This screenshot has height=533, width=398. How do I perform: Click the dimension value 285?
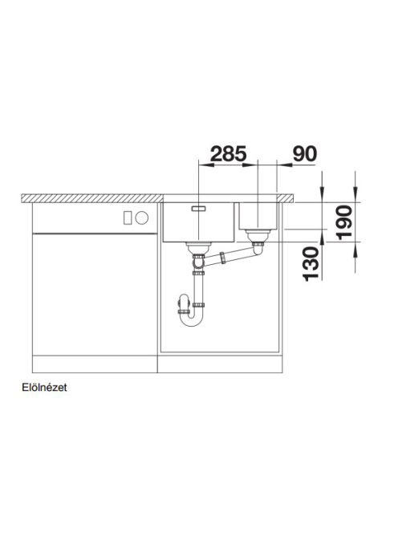pos(229,153)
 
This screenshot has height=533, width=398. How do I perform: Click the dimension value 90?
pos(305,153)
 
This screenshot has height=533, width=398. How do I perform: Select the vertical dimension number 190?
pos(344,222)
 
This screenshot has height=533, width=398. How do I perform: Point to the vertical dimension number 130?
pos(311,264)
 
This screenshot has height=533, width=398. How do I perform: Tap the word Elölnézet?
pos(44,388)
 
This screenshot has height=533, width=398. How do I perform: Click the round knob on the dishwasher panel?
pos(141,218)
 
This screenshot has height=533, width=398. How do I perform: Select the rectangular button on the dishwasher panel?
pos(128,218)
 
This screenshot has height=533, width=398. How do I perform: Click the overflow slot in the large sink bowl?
pos(198,209)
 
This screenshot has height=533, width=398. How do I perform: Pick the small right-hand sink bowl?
pos(258,216)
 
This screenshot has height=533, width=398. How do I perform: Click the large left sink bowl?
pos(198,222)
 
